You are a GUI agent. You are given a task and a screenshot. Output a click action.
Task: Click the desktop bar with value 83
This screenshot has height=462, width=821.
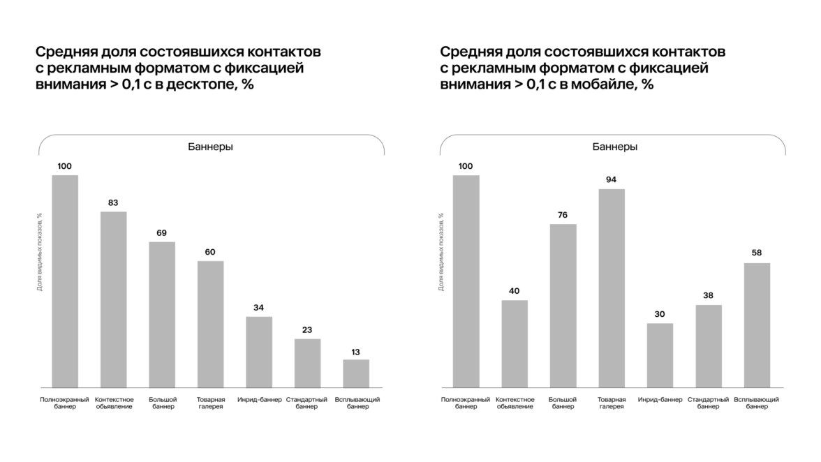tap(114, 299)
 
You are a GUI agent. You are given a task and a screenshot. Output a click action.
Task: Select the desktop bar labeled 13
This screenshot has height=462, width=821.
tap(356, 373)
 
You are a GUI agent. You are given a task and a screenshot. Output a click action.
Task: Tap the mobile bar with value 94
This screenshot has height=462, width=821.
tap(612, 288)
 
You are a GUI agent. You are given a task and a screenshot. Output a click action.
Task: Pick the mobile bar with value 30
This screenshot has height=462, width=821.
tap(660, 355)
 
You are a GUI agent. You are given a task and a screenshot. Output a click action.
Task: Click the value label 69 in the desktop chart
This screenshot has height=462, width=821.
tap(162, 232)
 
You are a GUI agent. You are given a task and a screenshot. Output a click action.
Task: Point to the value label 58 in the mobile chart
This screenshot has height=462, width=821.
tap(757, 253)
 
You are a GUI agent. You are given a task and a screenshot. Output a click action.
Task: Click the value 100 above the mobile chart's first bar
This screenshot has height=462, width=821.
tap(466, 166)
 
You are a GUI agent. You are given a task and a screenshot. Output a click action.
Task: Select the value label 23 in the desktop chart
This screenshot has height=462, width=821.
tap(307, 329)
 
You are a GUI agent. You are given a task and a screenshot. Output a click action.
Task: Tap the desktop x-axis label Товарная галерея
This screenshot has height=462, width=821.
tap(210, 403)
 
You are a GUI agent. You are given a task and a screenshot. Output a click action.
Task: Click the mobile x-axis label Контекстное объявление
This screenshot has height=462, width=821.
tap(515, 403)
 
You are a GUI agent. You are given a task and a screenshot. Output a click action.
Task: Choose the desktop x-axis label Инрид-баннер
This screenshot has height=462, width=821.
tap(259, 400)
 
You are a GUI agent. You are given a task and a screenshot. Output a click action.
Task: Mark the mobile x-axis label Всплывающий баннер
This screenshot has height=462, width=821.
tap(757, 403)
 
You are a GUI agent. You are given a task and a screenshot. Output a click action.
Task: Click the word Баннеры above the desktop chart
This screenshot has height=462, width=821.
tap(211, 147)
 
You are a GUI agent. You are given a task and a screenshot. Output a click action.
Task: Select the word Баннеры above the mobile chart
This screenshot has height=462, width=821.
tap(614, 147)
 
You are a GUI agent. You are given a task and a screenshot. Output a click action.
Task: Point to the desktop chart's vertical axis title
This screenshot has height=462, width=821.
tap(40, 252)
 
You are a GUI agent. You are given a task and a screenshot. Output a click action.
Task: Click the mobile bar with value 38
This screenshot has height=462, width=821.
tap(709, 345)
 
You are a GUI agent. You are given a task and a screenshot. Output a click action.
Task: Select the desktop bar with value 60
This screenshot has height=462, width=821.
tap(210, 324)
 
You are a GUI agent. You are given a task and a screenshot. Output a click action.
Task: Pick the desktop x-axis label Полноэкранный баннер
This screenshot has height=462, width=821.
tap(65, 403)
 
